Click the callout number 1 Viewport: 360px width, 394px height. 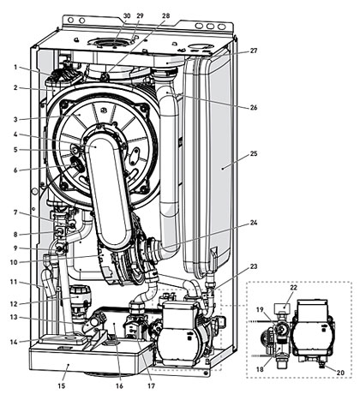tap(15, 68)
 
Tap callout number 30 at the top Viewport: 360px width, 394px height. tap(127, 15)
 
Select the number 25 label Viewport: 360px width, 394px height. tap(254, 154)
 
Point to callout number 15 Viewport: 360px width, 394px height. tap(62, 385)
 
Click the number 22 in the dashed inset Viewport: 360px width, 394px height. tap(294, 288)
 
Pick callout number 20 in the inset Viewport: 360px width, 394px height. tap(340, 373)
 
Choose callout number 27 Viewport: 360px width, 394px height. tap(254, 51)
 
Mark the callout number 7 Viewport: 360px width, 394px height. tap(15, 212)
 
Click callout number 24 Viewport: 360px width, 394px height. tap(254, 223)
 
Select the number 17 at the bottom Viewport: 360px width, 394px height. tap(151, 385)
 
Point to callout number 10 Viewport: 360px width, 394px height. tap(14, 262)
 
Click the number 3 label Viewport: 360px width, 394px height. tap(15, 119)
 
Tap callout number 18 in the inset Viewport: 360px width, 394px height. tap(260, 369)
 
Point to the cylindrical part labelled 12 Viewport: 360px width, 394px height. tap(80, 297)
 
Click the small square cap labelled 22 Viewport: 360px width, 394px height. tap(282, 308)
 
